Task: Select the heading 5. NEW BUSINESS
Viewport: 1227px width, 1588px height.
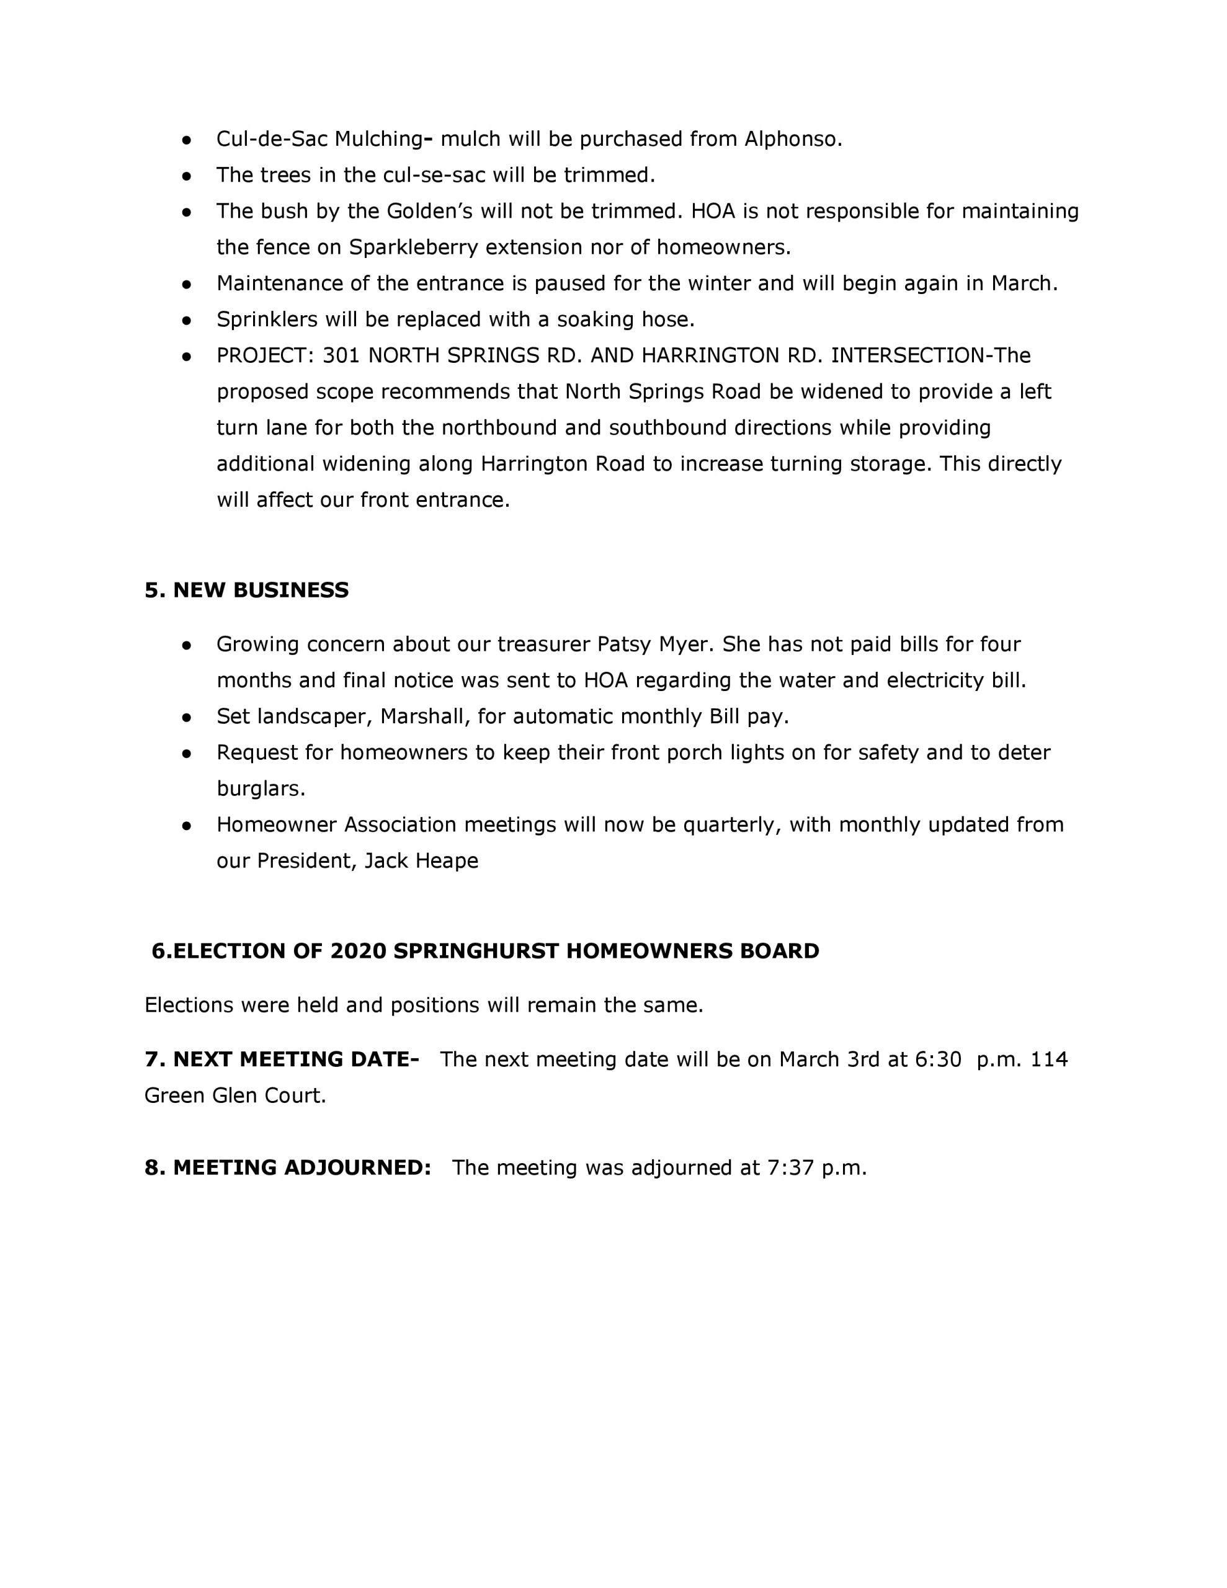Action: tap(246, 590)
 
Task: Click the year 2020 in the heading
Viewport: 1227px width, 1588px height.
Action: tap(358, 951)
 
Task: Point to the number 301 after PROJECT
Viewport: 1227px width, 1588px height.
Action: tap(341, 355)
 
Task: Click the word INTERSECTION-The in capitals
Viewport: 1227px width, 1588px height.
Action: tap(931, 355)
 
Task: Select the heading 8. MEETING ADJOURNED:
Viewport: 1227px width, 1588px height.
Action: tap(287, 1167)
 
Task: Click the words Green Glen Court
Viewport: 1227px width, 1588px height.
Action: tap(235, 1095)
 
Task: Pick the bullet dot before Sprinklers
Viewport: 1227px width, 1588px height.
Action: tap(187, 320)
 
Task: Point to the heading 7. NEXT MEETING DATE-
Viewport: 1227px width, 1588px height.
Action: tap(282, 1059)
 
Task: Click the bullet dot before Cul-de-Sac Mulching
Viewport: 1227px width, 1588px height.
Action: tap(187, 140)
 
